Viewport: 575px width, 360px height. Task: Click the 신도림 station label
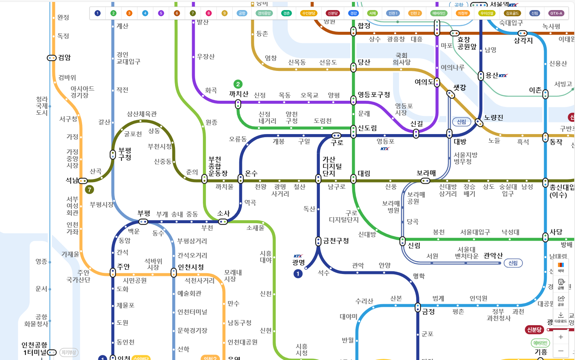click(367, 128)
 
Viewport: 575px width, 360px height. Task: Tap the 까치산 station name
click(239, 94)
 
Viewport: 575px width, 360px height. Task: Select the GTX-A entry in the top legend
click(556, 13)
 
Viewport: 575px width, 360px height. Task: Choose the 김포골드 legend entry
click(512, 13)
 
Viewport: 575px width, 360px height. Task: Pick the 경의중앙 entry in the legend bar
click(264, 13)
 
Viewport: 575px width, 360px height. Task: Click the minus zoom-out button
click(561, 351)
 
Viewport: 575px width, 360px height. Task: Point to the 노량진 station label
click(494, 117)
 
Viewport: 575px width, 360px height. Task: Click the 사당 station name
click(556, 232)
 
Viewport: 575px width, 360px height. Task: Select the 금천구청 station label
click(336, 241)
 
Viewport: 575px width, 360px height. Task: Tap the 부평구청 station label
click(125, 154)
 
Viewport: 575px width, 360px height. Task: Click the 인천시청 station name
click(191, 267)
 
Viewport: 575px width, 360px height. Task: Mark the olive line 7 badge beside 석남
click(89, 189)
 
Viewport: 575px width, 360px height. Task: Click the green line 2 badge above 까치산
click(238, 84)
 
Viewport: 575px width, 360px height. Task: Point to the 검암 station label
click(64, 57)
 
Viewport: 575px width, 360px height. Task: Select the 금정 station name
click(428, 311)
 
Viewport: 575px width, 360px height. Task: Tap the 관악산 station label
click(493, 255)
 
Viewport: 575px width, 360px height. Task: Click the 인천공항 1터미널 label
click(34, 348)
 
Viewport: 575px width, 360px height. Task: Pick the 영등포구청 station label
click(374, 95)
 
